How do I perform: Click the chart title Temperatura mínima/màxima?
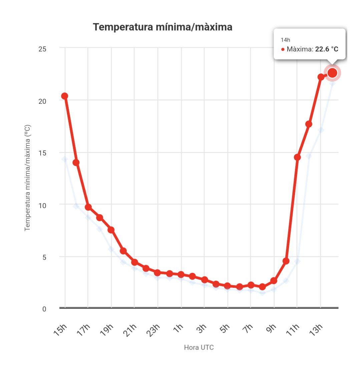(x=162, y=27)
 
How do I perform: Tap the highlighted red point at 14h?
(x=332, y=73)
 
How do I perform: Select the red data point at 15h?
(x=65, y=96)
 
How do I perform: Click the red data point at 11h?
(x=297, y=157)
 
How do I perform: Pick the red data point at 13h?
(x=321, y=77)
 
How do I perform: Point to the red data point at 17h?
(x=88, y=207)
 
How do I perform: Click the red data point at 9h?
(x=274, y=281)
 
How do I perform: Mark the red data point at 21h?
(x=134, y=262)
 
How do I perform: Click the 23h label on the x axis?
(x=154, y=330)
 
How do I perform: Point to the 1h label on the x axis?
(x=178, y=330)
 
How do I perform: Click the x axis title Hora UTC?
(x=199, y=348)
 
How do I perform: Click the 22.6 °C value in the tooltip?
(x=327, y=49)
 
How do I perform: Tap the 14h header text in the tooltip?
(x=285, y=40)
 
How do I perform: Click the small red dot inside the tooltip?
(x=283, y=49)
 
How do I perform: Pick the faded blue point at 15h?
(x=65, y=159)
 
